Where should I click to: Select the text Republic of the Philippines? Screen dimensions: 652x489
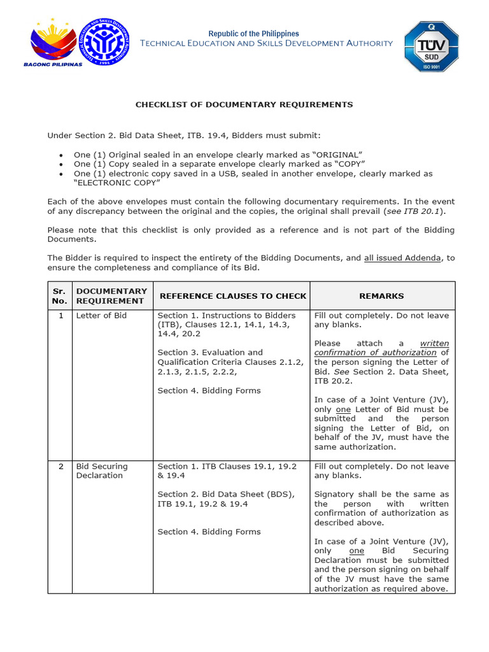click(x=253, y=34)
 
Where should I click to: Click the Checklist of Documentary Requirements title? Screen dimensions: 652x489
click(x=244, y=104)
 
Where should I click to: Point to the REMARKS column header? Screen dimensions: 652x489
click(x=381, y=296)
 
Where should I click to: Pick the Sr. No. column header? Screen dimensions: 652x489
click(x=59, y=296)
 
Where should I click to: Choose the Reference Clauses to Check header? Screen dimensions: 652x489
click(x=233, y=296)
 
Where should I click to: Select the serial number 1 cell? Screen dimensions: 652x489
click(x=60, y=316)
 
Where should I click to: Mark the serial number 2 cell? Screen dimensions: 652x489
click(x=60, y=467)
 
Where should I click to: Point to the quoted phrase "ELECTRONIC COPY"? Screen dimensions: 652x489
click(x=117, y=183)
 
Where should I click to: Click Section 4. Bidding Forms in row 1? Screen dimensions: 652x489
click(x=209, y=391)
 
